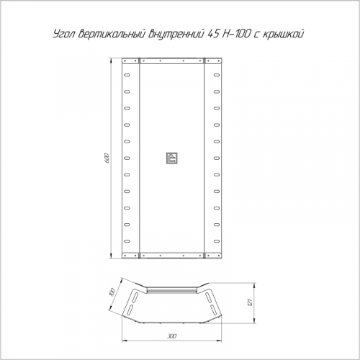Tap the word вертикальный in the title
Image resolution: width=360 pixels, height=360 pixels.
112,34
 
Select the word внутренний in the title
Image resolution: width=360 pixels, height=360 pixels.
176,34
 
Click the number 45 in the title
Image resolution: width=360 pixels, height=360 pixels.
213,34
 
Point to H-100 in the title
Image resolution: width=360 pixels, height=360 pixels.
236,34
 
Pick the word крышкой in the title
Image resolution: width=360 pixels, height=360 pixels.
284,34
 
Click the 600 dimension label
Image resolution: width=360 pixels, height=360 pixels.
107,158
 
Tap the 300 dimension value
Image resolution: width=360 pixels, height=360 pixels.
172,336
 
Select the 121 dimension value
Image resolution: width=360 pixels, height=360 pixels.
250,302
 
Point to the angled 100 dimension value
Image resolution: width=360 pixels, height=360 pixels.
112,292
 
